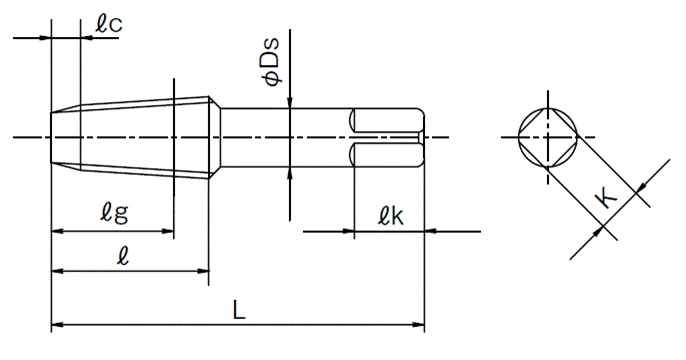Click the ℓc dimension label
click(109, 23)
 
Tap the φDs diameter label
click(270, 62)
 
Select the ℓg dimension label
click(115, 213)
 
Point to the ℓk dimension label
click(391, 215)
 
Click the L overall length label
click(238, 310)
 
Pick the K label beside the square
click(606, 198)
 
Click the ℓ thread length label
click(123, 255)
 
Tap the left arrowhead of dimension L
click(57, 325)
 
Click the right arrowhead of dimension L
click(418, 325)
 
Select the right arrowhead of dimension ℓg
click(168, 231)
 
